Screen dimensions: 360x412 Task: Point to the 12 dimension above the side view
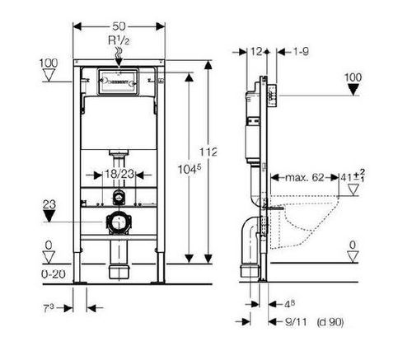coord(255,51)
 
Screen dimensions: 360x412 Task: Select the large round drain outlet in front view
coord(119,222)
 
